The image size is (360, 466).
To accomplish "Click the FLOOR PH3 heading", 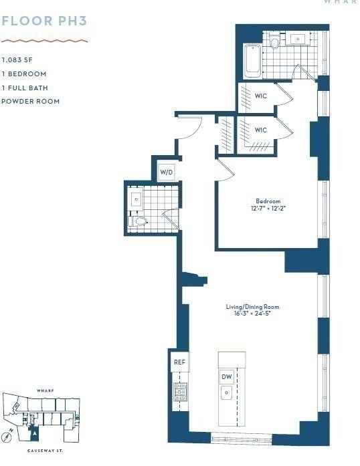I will tap(44, 21).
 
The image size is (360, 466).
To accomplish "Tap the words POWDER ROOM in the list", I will tap(31, 101).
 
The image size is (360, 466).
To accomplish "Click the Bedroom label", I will tap(268, 201).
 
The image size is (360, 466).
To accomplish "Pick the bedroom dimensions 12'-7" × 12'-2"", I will tap(268, 209).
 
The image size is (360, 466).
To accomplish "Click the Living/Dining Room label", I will tap(252, 307).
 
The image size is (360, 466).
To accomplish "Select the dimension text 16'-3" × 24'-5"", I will tap(252, 314).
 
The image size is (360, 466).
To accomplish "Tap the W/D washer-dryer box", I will tap(166, 172).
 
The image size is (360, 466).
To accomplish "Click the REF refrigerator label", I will tap(179, 362).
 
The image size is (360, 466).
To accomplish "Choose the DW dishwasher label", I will tap(227, 377).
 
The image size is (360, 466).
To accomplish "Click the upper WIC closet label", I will tap(261, 96).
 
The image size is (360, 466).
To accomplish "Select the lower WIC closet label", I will tap(261, 130).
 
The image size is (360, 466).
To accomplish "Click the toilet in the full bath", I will tap(274, 43).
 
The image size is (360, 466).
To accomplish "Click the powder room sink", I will tap(137, 199).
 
